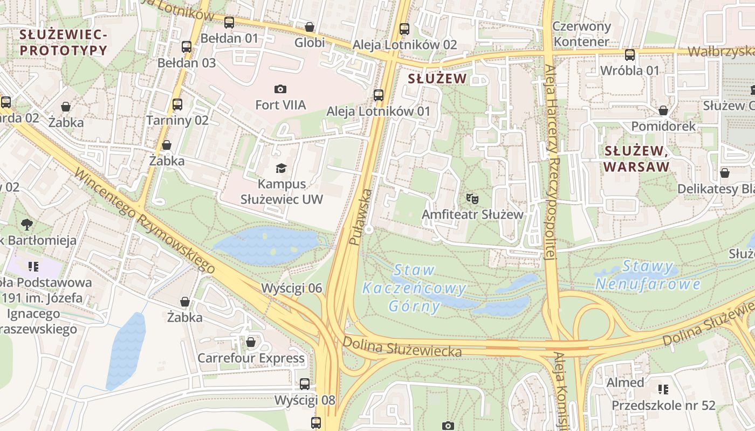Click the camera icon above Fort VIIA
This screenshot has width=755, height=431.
(x=280, y=89)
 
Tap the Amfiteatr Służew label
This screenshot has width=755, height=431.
(x=472, y=214)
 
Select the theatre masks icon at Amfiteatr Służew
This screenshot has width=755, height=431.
(x=472, y=198)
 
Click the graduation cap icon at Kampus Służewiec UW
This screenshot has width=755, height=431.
(x=280, y=169)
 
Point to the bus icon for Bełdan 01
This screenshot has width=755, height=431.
(x=229, y=23)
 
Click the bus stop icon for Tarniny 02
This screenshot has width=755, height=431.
(x=177, y=105)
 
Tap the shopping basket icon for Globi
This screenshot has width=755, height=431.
(x=310, y=27)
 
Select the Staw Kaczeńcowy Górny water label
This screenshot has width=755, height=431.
(x=414, y=288)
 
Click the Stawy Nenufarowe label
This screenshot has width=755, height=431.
(x=647, y=275)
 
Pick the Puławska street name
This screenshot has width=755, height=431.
(x=360, y=217)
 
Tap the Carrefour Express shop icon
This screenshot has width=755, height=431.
(x=251, y=342)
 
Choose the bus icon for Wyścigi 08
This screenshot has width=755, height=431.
(x=305, y=384)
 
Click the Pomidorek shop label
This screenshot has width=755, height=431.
(x=663, y=127)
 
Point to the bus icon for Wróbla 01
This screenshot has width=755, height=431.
(x=630, y=55)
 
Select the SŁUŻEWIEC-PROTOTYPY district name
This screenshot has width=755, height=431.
(x=64, y=43)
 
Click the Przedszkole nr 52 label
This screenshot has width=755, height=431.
(x=663, y=405)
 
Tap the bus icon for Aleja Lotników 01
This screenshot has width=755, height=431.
(x=379, y=95)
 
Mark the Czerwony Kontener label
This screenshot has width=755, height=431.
(x=582, y=33)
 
